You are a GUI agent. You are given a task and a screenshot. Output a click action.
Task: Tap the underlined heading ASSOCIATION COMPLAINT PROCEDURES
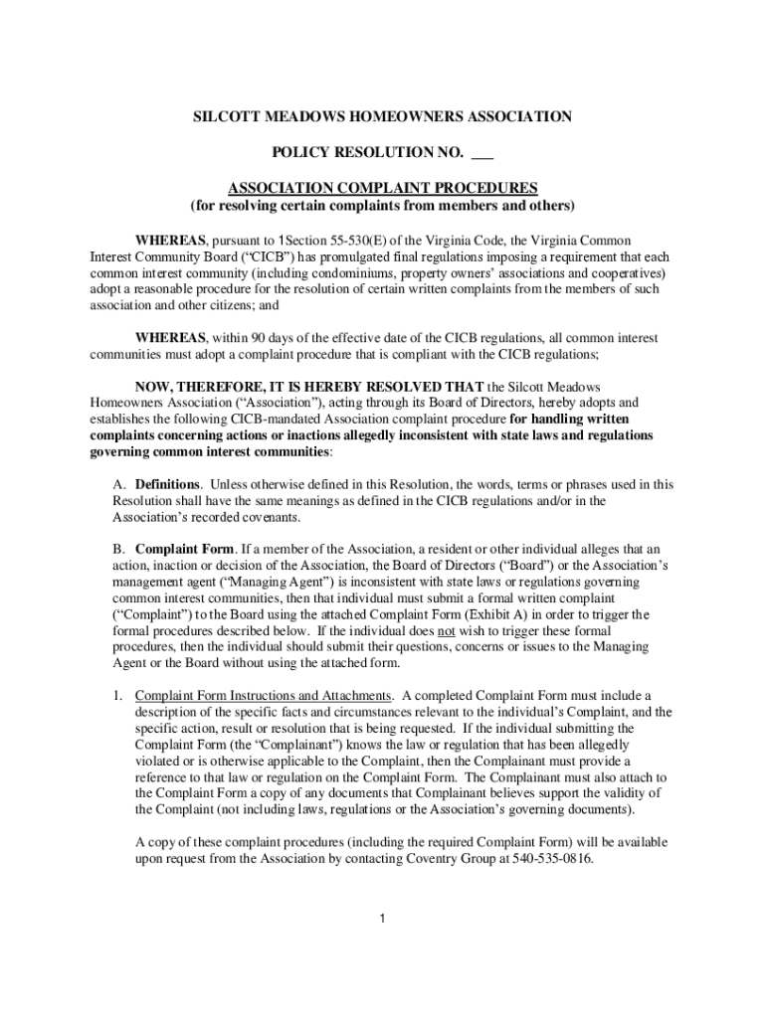(383, 188)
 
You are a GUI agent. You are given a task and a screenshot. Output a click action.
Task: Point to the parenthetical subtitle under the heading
(383, 206)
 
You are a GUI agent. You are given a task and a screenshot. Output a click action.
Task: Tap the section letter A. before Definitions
(118, 485)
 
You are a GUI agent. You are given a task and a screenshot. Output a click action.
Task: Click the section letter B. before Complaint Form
(118, 549)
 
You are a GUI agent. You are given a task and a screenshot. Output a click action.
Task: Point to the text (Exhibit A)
(508, 614)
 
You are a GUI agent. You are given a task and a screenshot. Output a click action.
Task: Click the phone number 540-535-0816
(554, 858)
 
